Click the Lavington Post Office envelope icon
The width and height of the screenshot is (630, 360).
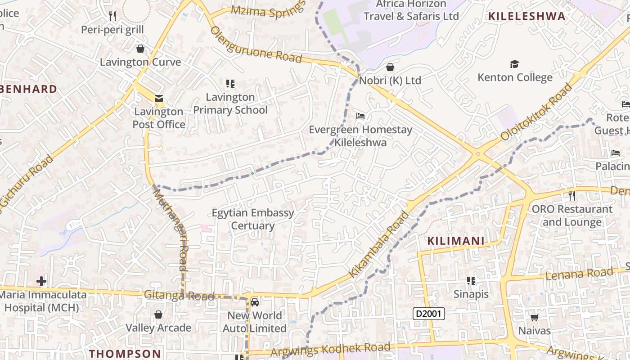coord(158,99)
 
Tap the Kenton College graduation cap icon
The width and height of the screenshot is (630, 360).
coord(514,64)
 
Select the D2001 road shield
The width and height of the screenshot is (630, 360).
coord(429,314)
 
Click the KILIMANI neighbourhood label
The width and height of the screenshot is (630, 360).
coord(456,241)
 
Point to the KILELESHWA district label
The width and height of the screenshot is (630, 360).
coord(526,17)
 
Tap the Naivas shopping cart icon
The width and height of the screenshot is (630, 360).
coord(534,318)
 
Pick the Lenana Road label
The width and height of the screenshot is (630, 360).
coord(579,274)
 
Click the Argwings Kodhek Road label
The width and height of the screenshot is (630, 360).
coord(331,349)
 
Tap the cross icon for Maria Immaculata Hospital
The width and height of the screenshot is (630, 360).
coord(41,282)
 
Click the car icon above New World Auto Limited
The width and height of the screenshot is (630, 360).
coord(255,302)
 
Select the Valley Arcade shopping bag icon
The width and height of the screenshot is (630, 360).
coord(158,315)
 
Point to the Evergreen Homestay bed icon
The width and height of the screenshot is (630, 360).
coord(360,116)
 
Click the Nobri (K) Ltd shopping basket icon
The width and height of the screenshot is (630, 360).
coord(390,67)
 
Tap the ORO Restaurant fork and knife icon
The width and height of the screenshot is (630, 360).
coord(571,196)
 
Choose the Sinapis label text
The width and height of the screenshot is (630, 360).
coord(471,294)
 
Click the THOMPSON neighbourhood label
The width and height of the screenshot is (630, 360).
coord(125,354)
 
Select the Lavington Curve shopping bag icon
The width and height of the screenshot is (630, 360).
coord(140,49)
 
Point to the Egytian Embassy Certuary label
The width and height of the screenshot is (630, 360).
coord(252,219)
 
